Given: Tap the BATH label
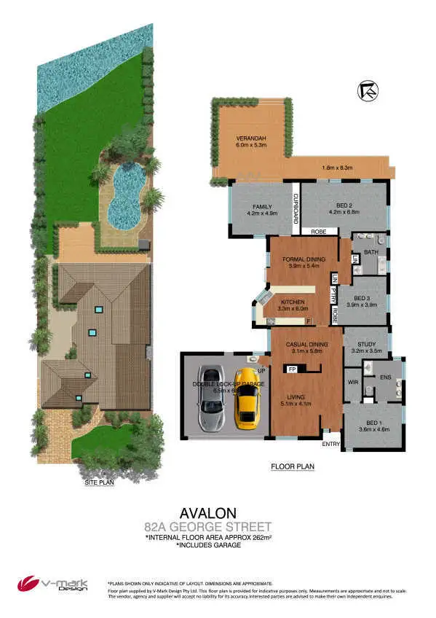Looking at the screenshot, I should [371, 252].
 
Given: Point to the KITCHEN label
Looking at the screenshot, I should [293, 302].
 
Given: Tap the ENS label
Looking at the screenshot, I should [387, 378].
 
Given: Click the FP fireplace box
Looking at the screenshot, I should [293, 369].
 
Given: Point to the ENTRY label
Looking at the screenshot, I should [331, 443].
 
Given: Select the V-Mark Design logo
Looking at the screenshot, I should [52, 584].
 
